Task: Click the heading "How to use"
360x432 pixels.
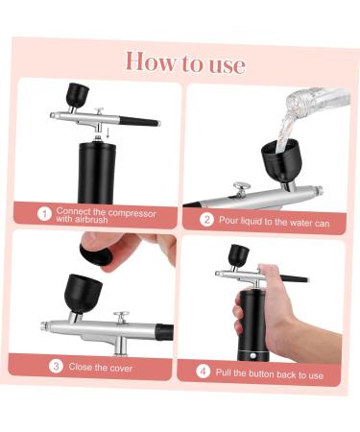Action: coord(184,63)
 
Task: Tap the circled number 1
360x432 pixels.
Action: coord(43,214)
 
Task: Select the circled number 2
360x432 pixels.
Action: coord(205,219)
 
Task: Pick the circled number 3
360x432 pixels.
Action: coord(56,366)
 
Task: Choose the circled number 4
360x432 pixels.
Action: coord(203,371)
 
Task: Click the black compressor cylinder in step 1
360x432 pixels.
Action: coord(96,170)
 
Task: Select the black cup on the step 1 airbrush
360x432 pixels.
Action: coord(77,95)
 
